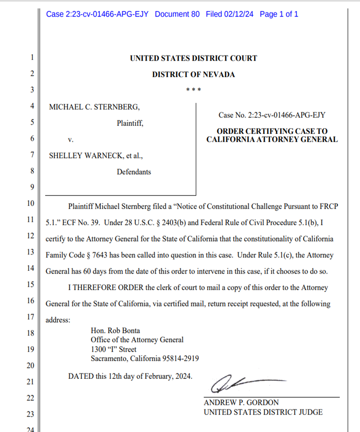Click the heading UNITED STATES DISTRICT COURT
[x=193, y=58]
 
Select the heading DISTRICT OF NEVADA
[x=193, y=74]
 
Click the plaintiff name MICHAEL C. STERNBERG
[x=94, y=107]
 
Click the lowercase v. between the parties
[x=71, y=140]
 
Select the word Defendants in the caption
[x=134, y=172]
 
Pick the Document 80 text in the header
[x=177, y=14]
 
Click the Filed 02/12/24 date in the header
[x=230, y=14]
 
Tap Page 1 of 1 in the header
[x=279, y=14]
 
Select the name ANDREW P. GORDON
[x=241, y=403]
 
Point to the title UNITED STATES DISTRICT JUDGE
[x=263, y=412]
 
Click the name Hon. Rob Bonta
[x=115, y=330]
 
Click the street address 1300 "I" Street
[x=113, y=349]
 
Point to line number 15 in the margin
[x=31, y=284]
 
